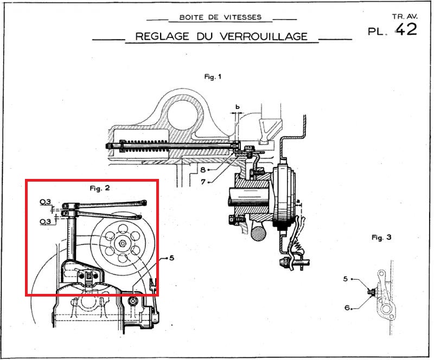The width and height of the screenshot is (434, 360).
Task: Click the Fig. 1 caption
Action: tap(213, 77)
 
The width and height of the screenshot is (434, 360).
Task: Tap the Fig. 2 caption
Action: tap(100, 188)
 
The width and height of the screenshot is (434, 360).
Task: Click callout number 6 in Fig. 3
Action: tap(346, 308)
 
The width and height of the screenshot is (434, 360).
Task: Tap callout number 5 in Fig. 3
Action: tap(346, 279)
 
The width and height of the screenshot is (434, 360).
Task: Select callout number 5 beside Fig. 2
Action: tap(171, 258)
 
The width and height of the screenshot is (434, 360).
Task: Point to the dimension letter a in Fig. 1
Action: tap(298, 201)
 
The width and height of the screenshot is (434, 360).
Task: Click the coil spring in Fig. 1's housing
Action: tap(157, 145)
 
